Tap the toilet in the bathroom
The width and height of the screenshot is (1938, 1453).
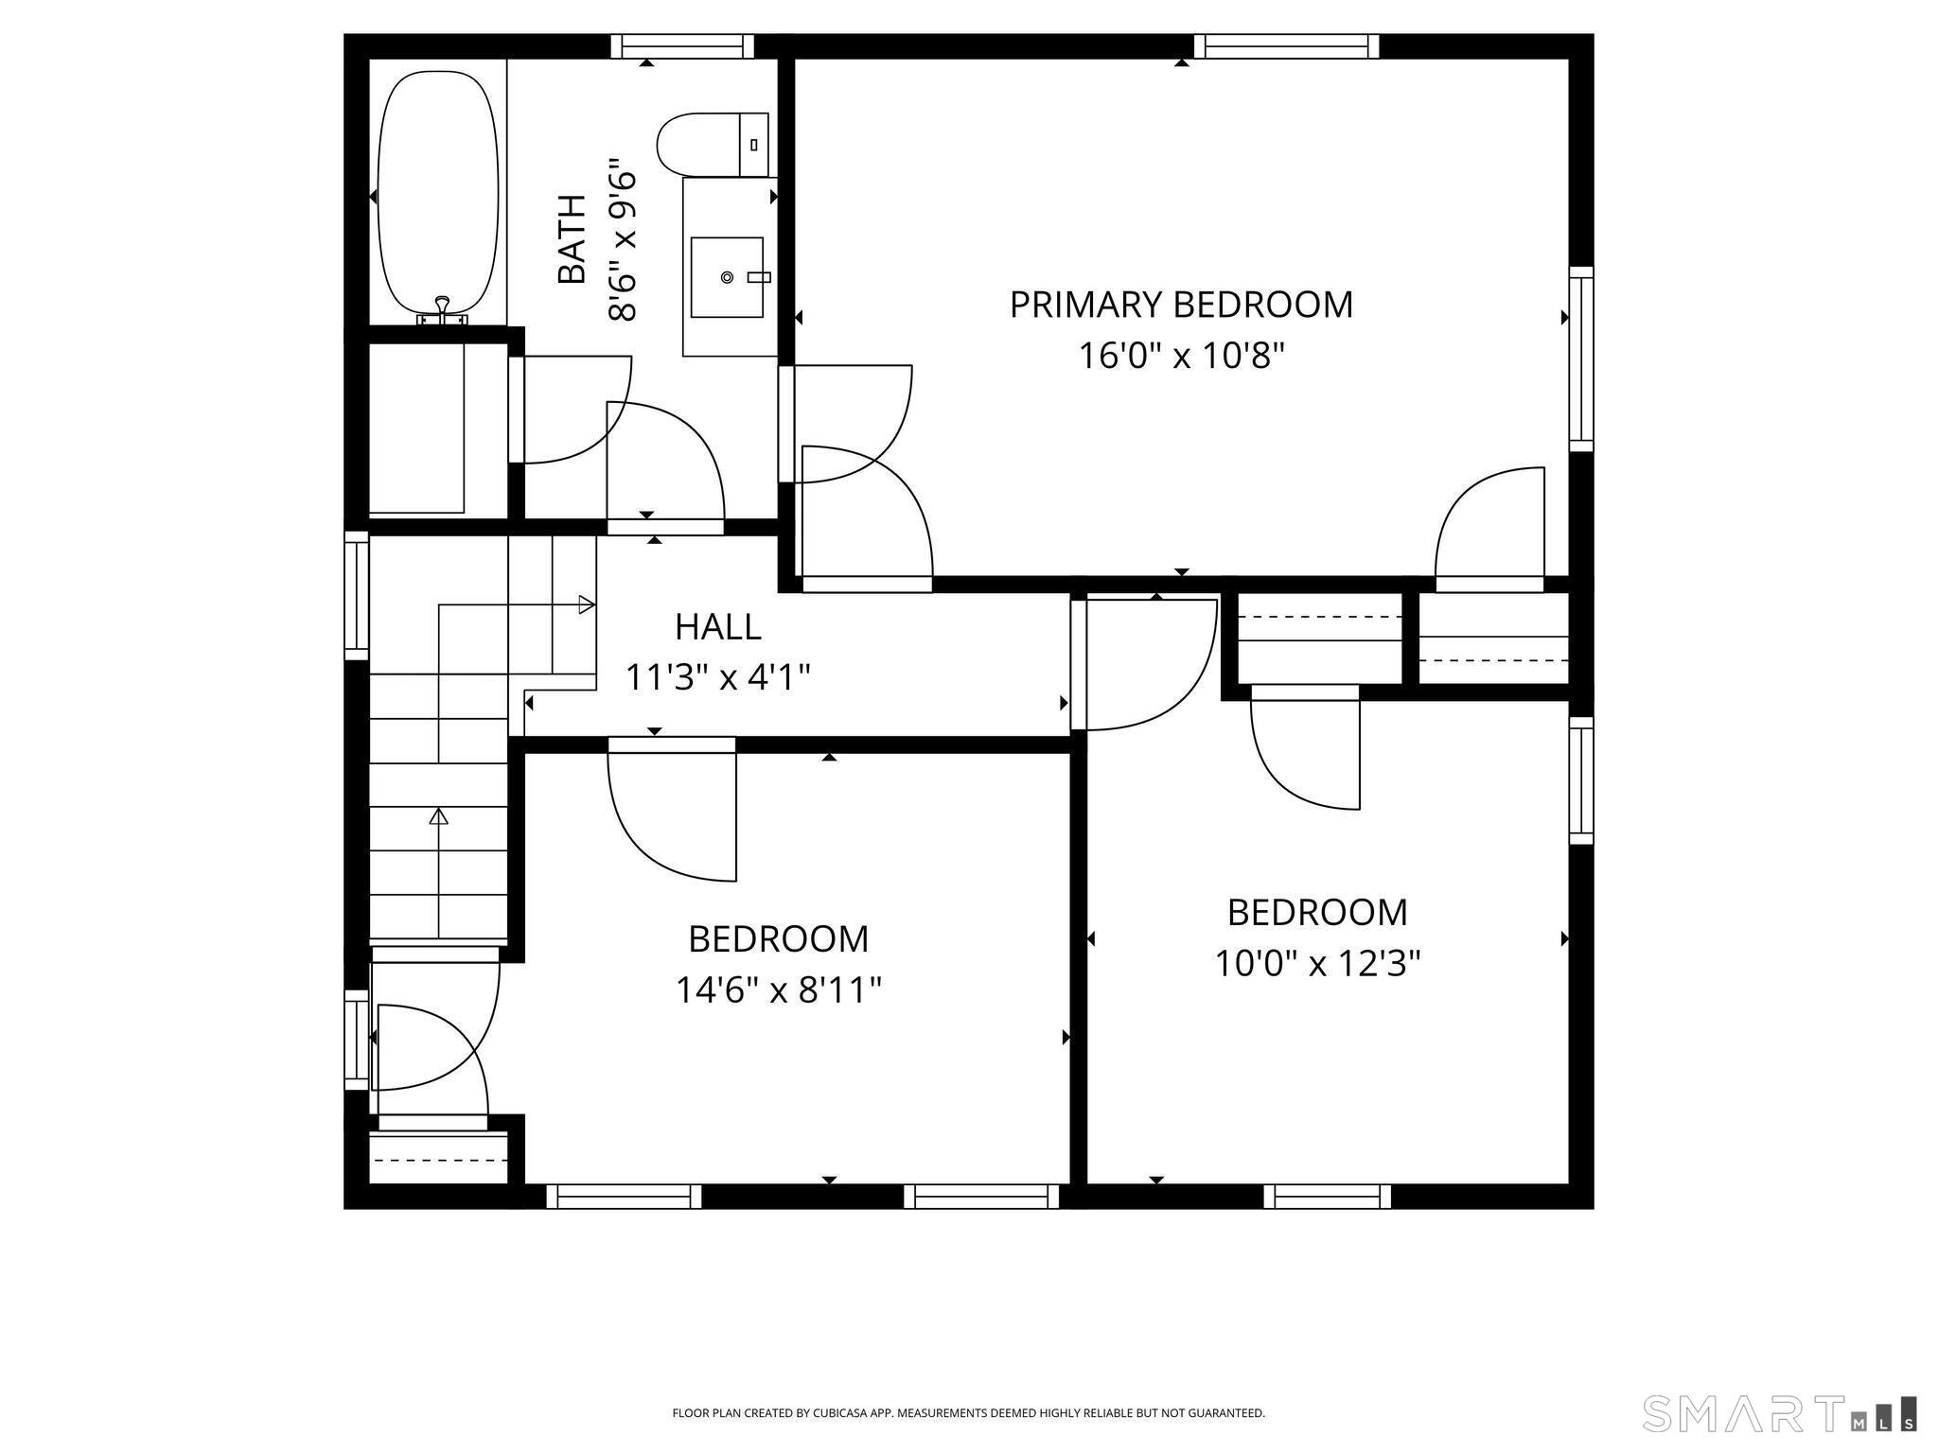(x=713, y=144)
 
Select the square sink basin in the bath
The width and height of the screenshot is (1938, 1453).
(x=727, y=277)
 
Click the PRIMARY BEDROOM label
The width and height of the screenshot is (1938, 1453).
(x=1181, y=305)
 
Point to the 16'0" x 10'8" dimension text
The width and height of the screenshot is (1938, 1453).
(x=1181, y=357)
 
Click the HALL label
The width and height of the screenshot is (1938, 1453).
(x=718, y=626)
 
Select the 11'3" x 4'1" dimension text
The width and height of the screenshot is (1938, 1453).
(x=718, y=677)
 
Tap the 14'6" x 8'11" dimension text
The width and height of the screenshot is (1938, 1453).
(x=778, y=990)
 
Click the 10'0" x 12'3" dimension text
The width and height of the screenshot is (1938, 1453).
(x=1317, y=964)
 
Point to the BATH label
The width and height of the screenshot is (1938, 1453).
(x=572, y=239)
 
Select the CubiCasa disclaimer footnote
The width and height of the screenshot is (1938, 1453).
(x=968, y=1413)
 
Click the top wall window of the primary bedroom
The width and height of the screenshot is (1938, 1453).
(x=1286, y=46)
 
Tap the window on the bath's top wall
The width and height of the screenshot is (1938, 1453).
(x=682, y=46)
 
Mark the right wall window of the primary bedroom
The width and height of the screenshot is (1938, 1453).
(x=1581, y=359)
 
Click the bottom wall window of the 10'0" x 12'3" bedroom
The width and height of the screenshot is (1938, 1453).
(x=1328, y=1197)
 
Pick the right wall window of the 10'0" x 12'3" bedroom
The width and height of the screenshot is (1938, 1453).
(x=1581, y=780)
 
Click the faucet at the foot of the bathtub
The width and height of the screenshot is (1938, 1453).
(x=442, y=310)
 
